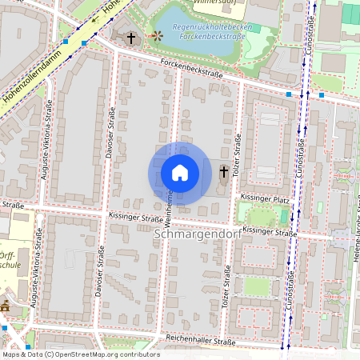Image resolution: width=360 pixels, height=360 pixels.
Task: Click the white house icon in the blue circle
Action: pos(180,173)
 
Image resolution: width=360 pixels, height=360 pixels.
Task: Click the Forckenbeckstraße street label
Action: pos(190,70)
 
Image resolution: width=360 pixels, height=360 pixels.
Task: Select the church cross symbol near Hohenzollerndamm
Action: pos(130,37)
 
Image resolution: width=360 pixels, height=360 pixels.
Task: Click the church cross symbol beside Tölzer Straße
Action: pos(224,172)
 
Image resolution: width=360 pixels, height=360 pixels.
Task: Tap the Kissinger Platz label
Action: pos(263,197)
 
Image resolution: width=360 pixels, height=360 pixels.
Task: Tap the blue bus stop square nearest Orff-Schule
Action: pos(5,327)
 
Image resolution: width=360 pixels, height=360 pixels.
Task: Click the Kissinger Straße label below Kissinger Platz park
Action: pos(268,230)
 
